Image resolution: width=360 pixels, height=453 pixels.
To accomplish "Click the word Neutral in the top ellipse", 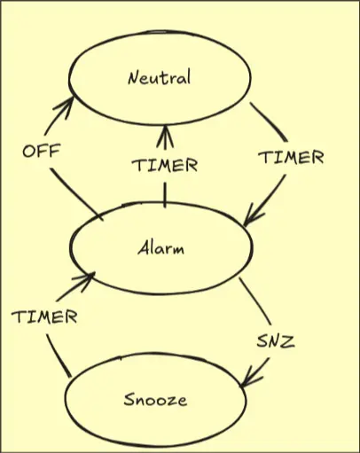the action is coord(160,77).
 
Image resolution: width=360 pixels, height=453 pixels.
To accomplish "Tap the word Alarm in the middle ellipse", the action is coord(161,247).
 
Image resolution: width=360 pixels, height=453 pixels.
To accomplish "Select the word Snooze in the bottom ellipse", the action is coord(155,400).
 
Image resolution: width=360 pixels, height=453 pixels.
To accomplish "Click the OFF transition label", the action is coord(42,151).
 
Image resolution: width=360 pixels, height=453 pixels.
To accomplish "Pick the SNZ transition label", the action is coord(276,341).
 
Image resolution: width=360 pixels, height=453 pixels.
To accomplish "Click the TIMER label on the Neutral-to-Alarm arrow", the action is coord(292,157).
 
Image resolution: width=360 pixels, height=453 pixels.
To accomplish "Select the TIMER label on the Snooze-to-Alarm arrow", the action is coord(44,316).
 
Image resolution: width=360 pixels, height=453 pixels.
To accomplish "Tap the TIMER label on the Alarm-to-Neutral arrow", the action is coord(165,165).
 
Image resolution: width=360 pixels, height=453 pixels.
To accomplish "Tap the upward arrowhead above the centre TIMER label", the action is coord(165,137).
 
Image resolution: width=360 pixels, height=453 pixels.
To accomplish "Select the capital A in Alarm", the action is coord(145,247).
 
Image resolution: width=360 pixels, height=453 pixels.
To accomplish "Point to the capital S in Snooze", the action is coord(129,400).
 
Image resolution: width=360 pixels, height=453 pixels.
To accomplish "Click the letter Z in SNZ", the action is coord(287,341).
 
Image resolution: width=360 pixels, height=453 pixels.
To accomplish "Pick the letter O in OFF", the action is coord(29,152).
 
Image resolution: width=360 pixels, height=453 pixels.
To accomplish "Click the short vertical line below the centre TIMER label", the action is coord(165,195).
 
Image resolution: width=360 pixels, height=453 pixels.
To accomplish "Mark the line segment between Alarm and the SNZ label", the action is coord(255,301).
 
